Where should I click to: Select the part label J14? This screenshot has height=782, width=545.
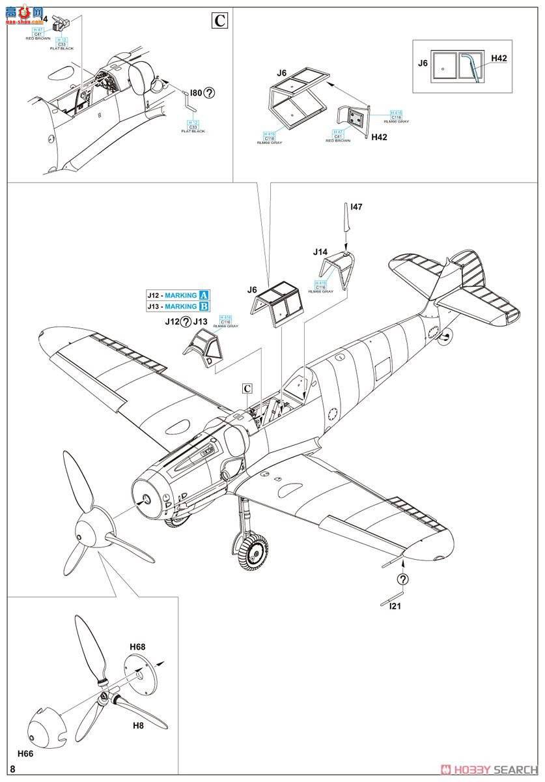pyautogui.click(x=320, y=252)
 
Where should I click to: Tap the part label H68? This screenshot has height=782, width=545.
pyautogui.click(x=137, y=646)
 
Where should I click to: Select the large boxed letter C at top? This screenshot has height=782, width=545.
pyautogui.click(x=220, y=21)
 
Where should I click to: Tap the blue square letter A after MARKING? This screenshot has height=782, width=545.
pyautogui.click(x=204, y=295)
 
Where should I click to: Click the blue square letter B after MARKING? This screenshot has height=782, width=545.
pyautogui.click(x=204, y=306)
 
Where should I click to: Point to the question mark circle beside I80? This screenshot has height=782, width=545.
pyautogui.click(x=209, y=93)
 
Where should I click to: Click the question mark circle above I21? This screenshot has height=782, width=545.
pyautogui.click(x=404, y=579)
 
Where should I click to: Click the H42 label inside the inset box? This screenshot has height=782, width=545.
pyautogui.click(x=499, y=59)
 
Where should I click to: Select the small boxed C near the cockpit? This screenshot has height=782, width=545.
pyautogui.click(x=247, y=388)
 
